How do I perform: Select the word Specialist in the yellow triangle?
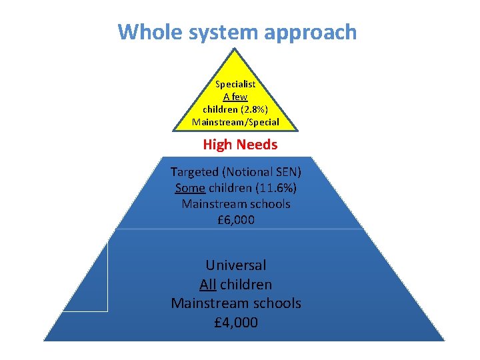[x=235, y=84]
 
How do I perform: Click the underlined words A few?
[x=235, y=97]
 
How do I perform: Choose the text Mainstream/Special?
[x=235, y=122]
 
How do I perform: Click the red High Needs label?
[x=240, y=145]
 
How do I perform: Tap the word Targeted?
[x=195, y=171]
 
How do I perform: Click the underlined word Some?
[x=189, y=187]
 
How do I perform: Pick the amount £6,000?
[x=236, y=219]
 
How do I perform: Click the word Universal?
[x=236, y=265]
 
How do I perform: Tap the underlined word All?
[x=208, y=285]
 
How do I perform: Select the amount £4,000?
[x=236, y=323]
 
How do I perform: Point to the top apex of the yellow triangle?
[x=235, y=49]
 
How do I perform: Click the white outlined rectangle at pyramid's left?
[x=89, y=277]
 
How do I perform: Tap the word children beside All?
[x=246, y=285]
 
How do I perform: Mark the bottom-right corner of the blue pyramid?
[x=443, y=340]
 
